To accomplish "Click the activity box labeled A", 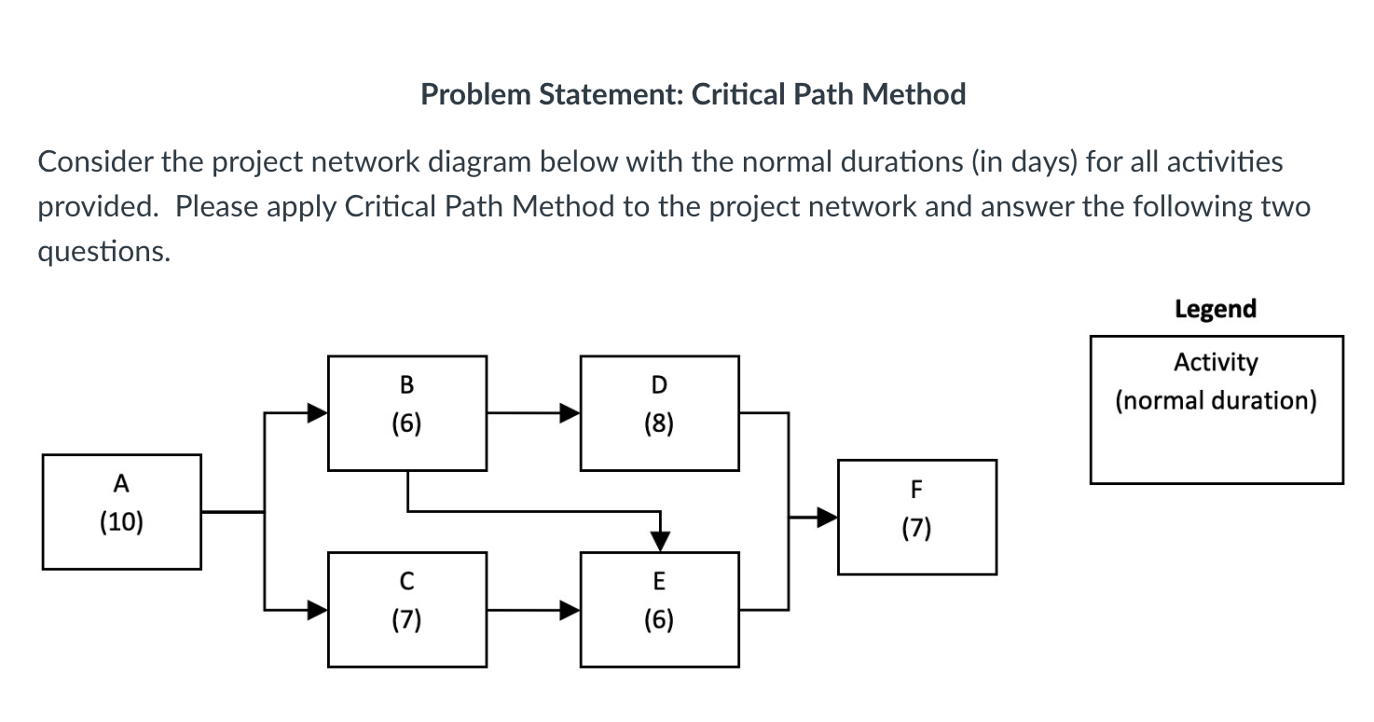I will [121, 511].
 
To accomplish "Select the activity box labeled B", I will [406, 413].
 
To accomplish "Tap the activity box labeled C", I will [406, 609].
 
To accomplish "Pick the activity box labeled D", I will [659, 413].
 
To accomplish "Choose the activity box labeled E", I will [659, 609].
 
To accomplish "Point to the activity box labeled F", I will [916, 517].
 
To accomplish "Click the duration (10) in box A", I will [121, 522].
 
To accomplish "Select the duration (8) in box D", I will [659, 425].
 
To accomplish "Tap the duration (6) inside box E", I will [659, 621].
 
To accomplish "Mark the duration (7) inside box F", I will [916, 530].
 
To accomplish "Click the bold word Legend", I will [1216, 309].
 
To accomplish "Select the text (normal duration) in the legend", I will [1216, 401].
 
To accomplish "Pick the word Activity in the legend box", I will [1216, 362].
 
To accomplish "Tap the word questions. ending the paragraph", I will [103, 252].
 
